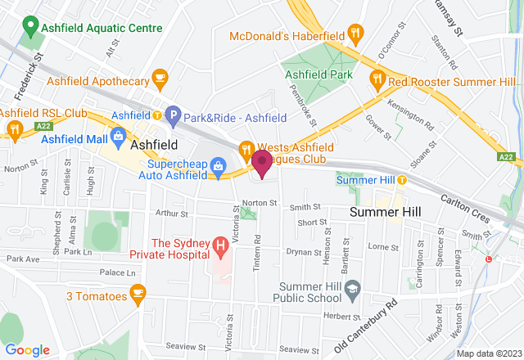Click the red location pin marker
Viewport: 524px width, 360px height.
point(262,163)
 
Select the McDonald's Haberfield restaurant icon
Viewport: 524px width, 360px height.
point(355,34)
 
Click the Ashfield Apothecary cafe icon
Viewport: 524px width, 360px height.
point(160,80)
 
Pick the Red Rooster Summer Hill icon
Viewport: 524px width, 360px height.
point(377,80)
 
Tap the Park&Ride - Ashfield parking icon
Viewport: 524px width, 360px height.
point(172,116)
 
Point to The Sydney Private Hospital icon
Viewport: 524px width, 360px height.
point(219,244)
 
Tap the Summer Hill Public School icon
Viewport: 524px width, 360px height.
point(353,287)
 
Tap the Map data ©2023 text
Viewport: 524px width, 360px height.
point(489,353)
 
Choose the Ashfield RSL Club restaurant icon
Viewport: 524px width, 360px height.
point(15,128)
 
